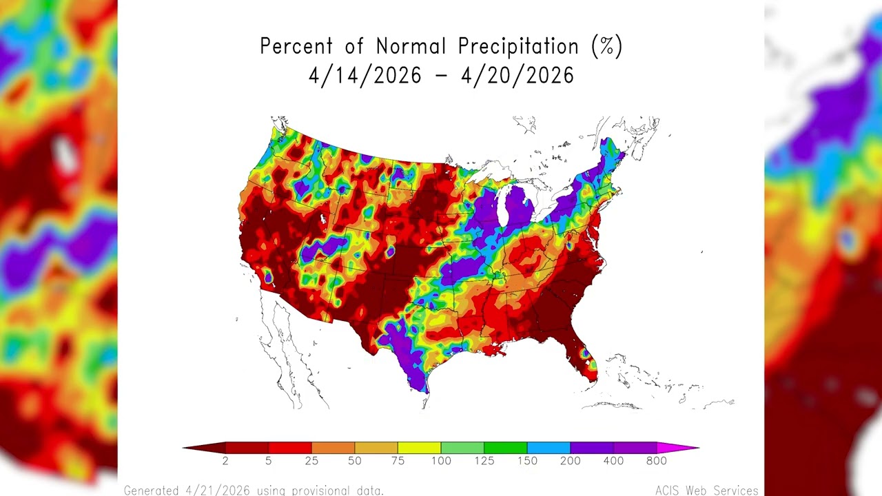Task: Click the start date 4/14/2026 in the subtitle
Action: [x=365, y=75]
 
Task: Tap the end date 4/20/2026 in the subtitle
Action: [x=517, y=75]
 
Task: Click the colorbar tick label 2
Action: [x=225, y=461]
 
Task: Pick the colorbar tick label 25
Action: [x=311, y=461]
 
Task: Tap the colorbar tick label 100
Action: [x=441, y=461]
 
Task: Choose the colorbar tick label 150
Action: [x=527, y=461]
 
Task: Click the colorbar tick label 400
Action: [x=613, y=461]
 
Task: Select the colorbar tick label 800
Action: [x=657, y=461]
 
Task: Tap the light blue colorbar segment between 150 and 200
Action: [x=548, y=448]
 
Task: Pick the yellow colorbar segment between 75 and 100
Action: [x=419, y=448]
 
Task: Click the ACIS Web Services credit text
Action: [x=706, y=490]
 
